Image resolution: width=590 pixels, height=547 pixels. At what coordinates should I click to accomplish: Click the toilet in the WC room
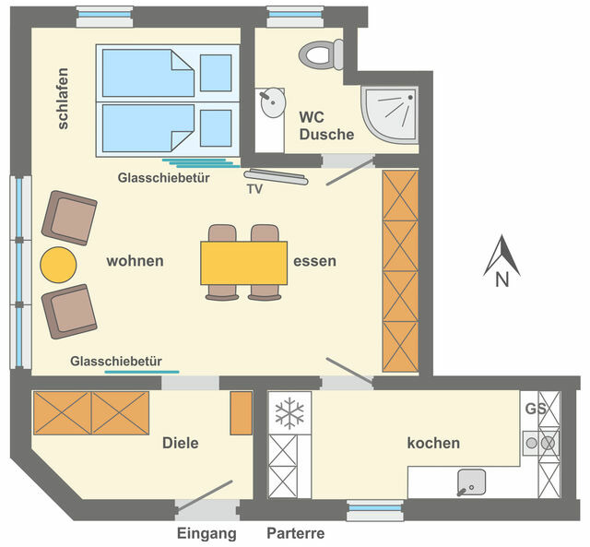point(321,55)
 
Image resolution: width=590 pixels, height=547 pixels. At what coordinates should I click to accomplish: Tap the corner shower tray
point(390,114)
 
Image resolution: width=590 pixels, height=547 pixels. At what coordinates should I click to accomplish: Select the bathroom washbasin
point(272,102)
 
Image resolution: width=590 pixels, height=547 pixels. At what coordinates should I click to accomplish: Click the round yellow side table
point(58,265)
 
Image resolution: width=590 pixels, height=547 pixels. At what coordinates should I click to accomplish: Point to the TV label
point(254,189)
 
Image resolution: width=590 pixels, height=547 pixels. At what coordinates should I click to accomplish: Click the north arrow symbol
point(501,261)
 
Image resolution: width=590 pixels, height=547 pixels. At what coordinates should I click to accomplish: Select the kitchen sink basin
point(471,482)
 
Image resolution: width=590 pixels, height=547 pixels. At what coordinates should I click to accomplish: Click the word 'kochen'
point(433,443)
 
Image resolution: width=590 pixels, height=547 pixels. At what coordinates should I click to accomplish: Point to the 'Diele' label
point(181,443)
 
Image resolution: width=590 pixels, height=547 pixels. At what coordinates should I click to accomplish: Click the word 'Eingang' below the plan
point(206,534)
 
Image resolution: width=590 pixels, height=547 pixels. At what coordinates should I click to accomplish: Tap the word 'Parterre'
point(296,533)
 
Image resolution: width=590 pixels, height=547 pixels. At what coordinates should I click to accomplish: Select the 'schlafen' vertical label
point(63,99)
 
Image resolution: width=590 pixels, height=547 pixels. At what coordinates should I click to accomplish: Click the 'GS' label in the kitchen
point(536,409)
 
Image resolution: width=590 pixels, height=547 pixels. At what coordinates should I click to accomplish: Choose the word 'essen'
point(315,261)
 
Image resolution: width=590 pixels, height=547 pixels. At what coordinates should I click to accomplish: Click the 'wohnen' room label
point(136,261)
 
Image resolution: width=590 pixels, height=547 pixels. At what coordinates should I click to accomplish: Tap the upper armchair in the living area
point(69,218)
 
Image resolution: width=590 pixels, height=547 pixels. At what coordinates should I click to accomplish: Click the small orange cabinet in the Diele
point(242,413)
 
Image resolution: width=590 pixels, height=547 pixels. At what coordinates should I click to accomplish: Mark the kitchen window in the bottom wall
point(375,509)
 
